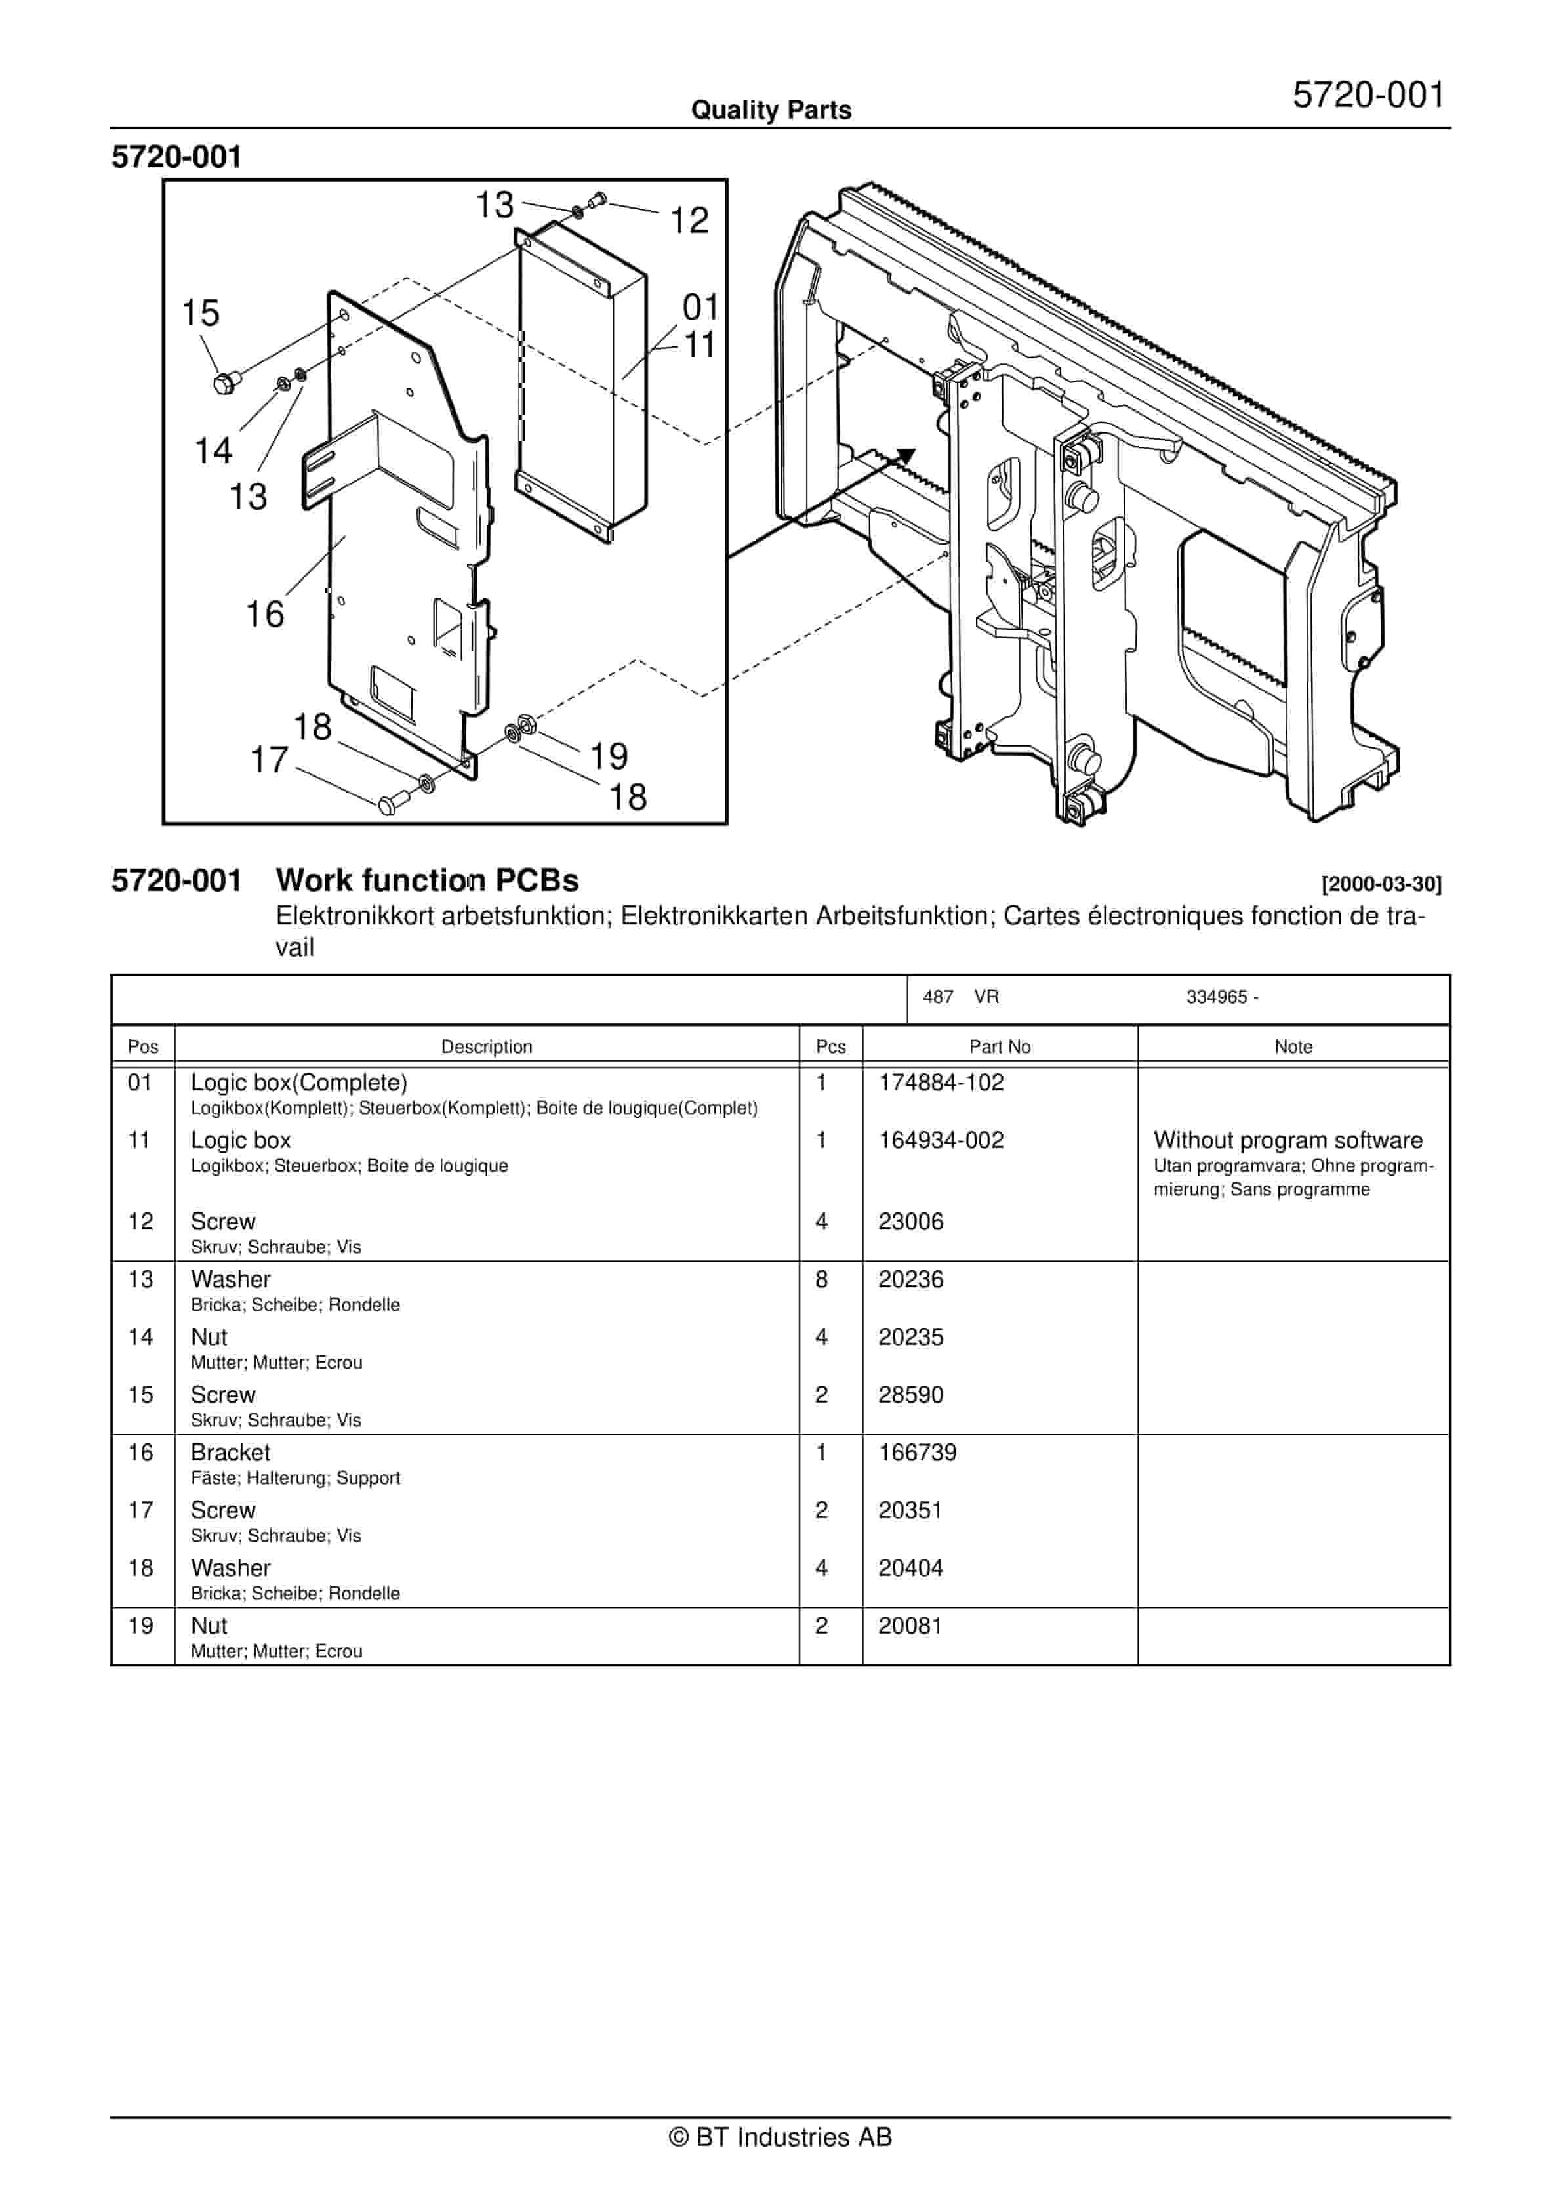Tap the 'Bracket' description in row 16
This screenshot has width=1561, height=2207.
click(230, 1453)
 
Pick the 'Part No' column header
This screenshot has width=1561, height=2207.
click(999, 1047)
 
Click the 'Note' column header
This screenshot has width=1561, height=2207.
click(1293, 1047)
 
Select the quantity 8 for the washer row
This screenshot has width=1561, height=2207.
click(821, 1279)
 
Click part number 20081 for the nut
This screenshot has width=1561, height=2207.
click(909, 1626)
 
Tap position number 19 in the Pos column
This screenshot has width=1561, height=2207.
click(140, 1626)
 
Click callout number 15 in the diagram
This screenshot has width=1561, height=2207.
click(200, 314)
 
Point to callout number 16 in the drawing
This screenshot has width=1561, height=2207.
click(264, 614)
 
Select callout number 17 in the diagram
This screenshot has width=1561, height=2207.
click(269, 760)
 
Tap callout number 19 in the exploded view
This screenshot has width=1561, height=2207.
click(609, 756)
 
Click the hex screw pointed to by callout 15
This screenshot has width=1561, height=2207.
click(225, 384)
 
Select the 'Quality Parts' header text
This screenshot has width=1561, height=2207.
click(771, 110)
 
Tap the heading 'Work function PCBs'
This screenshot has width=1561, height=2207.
click(427, 880)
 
